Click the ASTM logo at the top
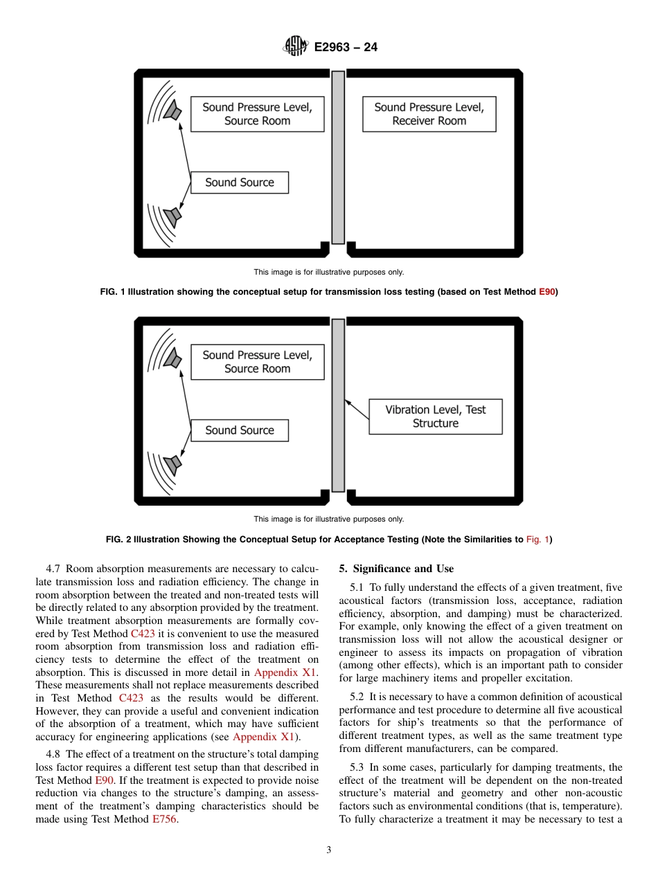295,47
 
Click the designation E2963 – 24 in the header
346,48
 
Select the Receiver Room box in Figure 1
429,114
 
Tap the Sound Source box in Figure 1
240,183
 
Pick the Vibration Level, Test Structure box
435,416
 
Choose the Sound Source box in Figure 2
240,430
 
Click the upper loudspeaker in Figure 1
172,111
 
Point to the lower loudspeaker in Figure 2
172,463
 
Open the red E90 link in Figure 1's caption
547,292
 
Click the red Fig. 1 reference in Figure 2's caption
537,540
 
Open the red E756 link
165,819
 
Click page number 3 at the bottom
328,850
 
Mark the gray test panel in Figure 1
338,158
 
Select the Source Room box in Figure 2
257,362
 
